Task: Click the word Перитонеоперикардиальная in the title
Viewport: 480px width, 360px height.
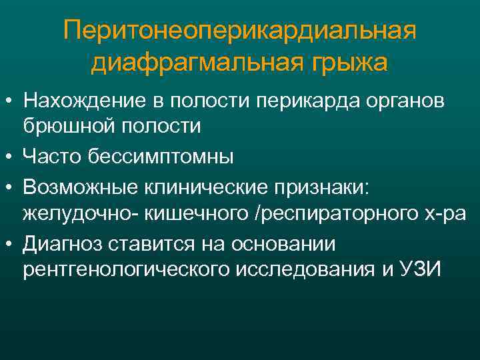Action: (240, 31)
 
